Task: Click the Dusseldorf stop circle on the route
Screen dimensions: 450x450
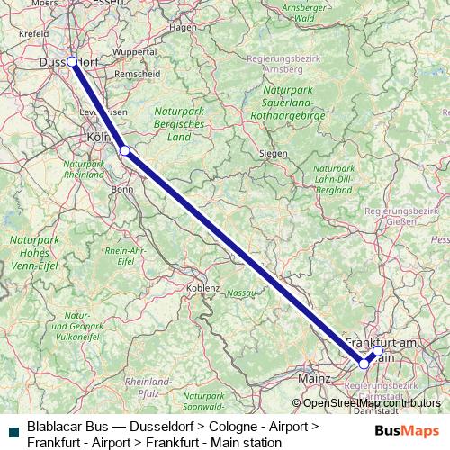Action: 72,61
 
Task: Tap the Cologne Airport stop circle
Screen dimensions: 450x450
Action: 125,150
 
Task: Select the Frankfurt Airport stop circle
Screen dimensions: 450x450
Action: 364,364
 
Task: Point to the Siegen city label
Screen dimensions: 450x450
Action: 273,154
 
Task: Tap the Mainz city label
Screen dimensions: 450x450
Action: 312,379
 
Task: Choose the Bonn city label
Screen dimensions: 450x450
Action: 122,189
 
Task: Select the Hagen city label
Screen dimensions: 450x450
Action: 183,27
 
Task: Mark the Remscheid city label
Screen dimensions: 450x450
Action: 136,74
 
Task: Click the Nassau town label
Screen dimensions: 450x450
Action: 241,292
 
